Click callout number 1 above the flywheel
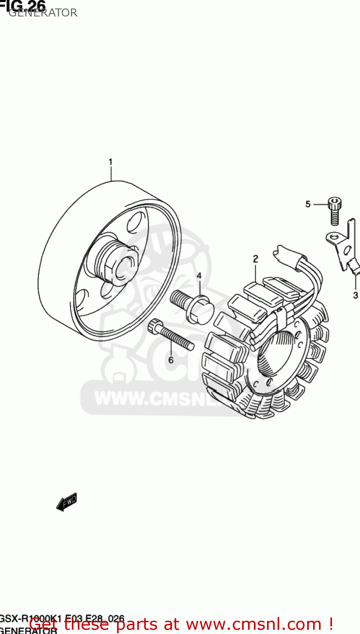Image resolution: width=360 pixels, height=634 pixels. click(x=110, y=162)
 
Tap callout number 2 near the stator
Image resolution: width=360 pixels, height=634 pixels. click(x=255, y=259)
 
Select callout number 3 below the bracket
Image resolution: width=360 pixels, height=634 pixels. click(x=355, y=295)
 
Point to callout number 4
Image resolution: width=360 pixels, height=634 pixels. click(x=199, y=276)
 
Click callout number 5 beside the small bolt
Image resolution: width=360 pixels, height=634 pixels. click(x=308, y=204)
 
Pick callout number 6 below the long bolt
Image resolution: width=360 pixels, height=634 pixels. click(x=171, y=360)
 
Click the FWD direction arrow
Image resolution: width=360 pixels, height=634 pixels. click(x=67, y=502)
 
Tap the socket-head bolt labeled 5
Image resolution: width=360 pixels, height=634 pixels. click(x=334, y=211)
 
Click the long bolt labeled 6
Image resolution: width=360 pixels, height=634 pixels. click(x=171, y=334)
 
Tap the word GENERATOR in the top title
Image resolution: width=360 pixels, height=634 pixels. click(x=43, y=13)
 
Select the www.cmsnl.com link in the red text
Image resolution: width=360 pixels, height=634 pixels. click(x=254, y=624)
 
